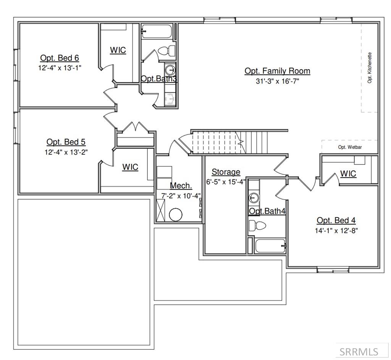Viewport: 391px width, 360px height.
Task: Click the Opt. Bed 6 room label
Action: [x=60, y=58]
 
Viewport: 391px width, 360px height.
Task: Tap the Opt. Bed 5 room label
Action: [x=66, y=142]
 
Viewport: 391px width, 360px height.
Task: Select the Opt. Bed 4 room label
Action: [x=336, y=221]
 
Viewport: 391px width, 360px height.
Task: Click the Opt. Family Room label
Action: [x=277, y=71]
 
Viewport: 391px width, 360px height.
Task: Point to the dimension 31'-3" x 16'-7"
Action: [x=277, y=81]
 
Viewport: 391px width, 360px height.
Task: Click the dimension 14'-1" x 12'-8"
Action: [x=336, y=231]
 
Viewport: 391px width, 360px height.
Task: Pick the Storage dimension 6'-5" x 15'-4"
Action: [x=226, y=182]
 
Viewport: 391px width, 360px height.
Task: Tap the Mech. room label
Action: [x=181, y=186]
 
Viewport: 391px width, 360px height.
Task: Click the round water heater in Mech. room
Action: [x=176, y=215]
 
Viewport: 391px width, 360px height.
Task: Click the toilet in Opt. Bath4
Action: [x=257, y=225]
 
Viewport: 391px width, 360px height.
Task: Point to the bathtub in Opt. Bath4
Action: [x=270, y=245]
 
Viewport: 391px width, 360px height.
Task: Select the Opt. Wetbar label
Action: [x=350, y=147]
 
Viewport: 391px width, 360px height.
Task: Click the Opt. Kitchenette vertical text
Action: [x=370, y=68]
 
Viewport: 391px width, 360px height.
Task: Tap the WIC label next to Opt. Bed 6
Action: [x=118, y=50]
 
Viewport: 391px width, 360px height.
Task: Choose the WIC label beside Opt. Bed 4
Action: [x=348, y=174]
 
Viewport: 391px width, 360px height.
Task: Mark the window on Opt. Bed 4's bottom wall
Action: [x=333, y=270]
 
